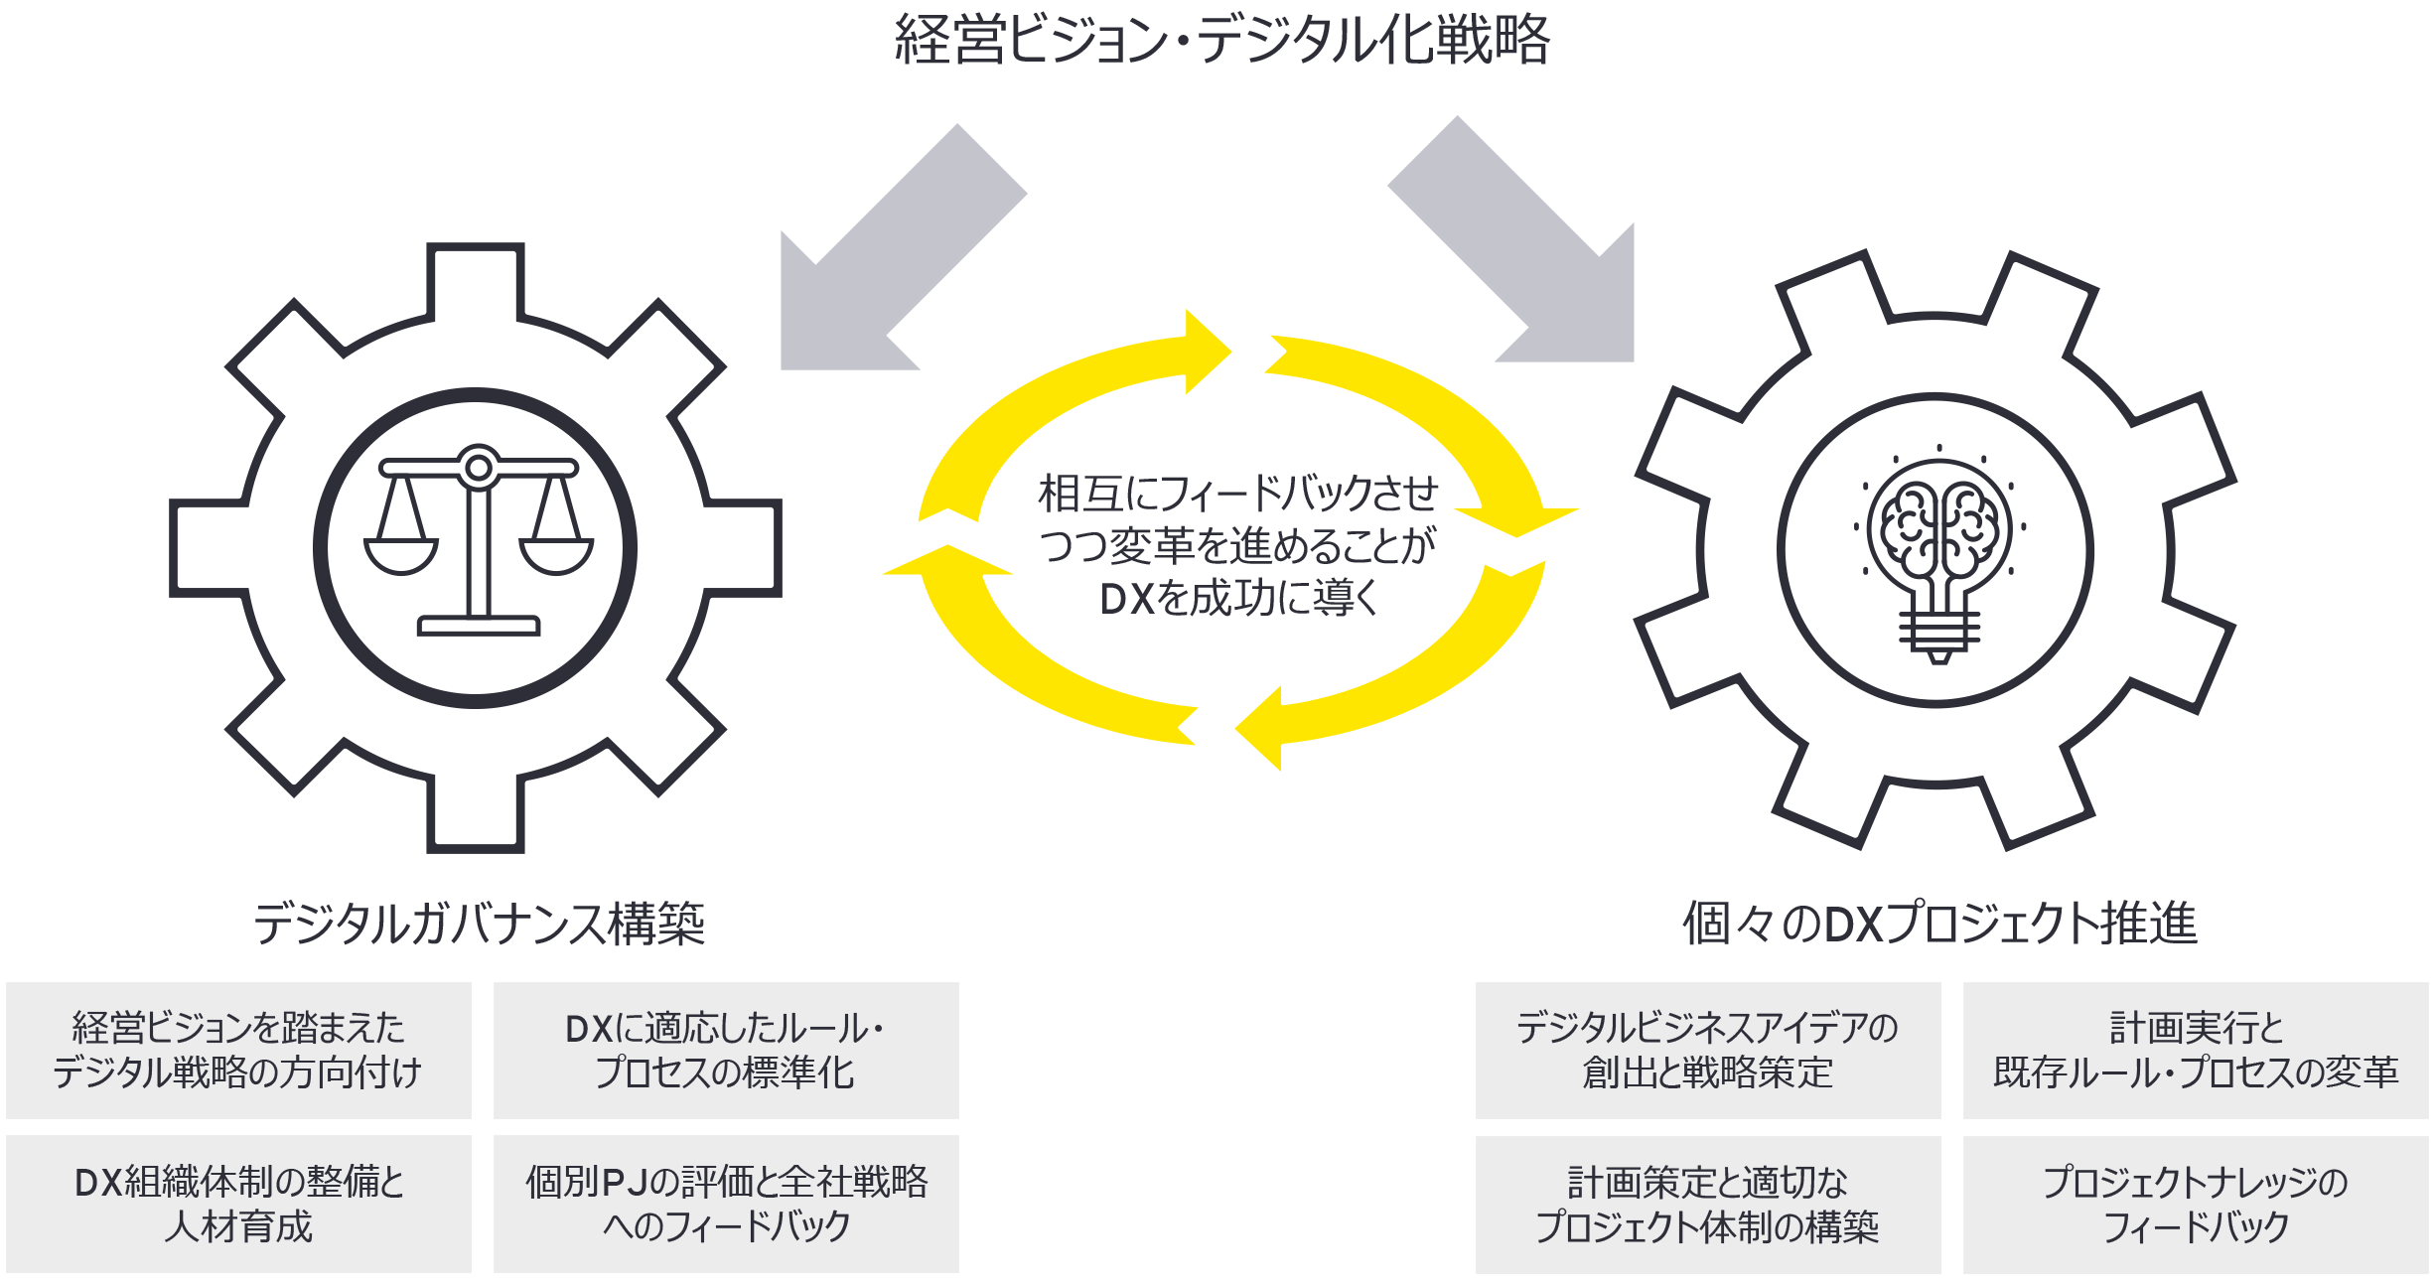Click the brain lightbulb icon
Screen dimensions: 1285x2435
tap(1938, 551)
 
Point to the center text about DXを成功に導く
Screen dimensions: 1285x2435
tap(1237, 546)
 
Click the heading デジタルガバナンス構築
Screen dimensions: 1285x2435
tap(479, 924)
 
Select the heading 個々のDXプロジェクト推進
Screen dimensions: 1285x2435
tap(1938, 924)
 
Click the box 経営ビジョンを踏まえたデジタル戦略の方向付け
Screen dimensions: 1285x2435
tap(238, 1051)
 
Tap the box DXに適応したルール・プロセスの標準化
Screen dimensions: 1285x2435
tap(726, 1051)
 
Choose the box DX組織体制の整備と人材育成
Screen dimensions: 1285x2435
tap(238, 1204)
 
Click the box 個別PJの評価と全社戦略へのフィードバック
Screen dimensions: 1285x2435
tap(726, 1204)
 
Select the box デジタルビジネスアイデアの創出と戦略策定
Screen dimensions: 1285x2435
tap(1707, 1051)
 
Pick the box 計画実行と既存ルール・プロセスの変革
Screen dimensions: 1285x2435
tap(2195, 1051)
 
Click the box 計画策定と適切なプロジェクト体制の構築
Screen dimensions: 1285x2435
tap(1707, 1204)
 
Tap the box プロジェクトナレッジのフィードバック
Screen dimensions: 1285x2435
tap(2195, 1204)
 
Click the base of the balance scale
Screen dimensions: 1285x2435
tap(479, 626)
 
